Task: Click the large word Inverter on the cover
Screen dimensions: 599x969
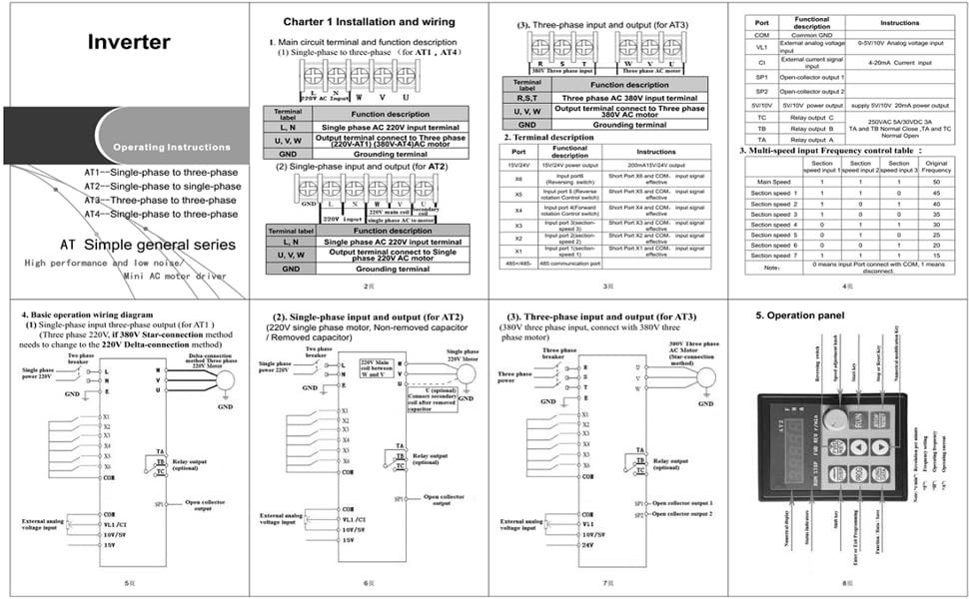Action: (129, 42)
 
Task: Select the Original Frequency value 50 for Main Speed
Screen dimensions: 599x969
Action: (936, 182)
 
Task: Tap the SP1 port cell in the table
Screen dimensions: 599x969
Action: (761, 76)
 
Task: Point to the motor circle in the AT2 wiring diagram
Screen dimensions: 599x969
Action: (461, 372)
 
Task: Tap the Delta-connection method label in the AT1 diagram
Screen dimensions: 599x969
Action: (213, 357)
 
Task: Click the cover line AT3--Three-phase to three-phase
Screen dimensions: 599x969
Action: (161, 200)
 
